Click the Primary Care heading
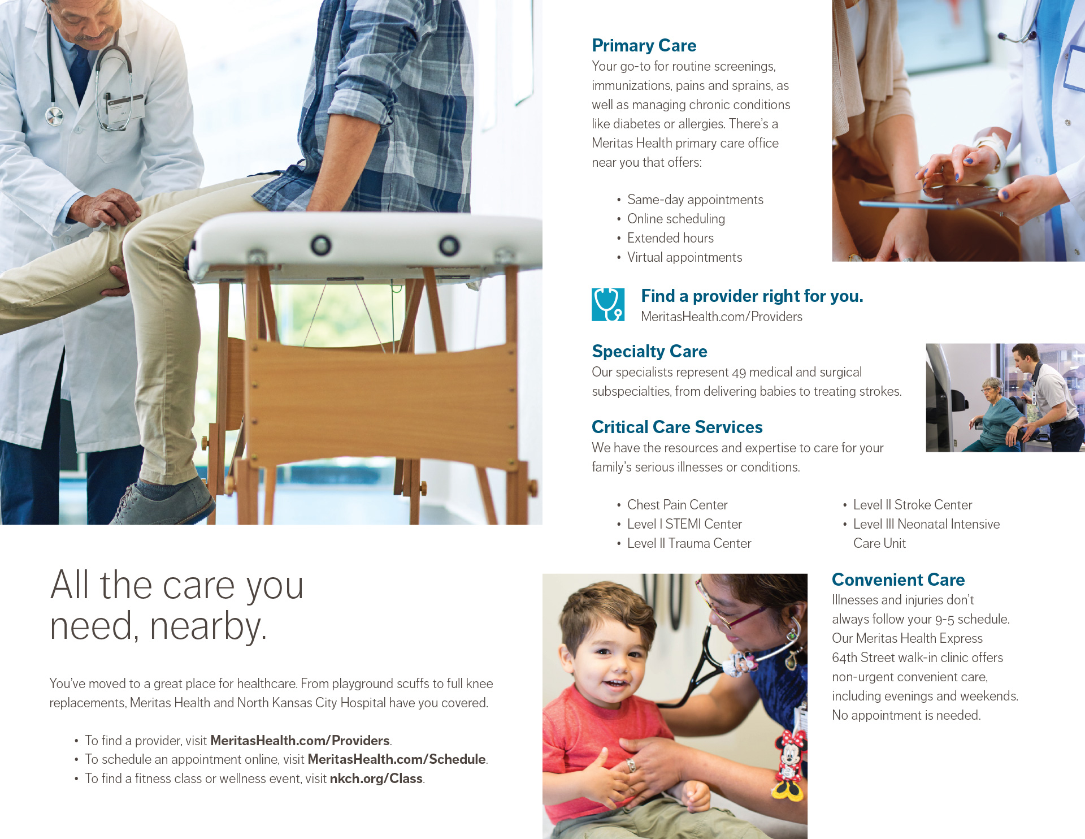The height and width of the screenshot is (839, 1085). (644, 45)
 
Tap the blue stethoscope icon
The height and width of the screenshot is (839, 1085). (608, 305)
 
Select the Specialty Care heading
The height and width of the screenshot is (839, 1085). (649, 351)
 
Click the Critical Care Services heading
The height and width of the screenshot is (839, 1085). (677, 427)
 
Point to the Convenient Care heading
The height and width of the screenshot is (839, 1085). (898, 579)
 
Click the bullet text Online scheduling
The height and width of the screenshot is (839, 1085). (676, 219)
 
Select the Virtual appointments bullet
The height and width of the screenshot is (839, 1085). (684, 257)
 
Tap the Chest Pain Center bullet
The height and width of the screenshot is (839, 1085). (677, 505)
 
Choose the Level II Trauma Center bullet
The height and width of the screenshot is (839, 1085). (689, 543)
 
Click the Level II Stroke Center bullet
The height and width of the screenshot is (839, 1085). (913, 505)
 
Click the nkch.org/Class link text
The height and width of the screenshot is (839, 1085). (376, 779)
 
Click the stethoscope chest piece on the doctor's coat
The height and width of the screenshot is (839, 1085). (54, 116)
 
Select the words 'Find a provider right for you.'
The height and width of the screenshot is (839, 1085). (752, 296)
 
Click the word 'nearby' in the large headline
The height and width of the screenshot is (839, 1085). (208, 626)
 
